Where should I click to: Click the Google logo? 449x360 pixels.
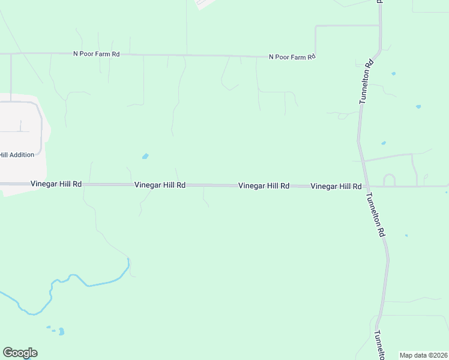[x=20, y=353]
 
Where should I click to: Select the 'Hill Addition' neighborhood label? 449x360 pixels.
[x=17, y=155]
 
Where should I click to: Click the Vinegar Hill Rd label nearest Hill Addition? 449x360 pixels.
[x=56, y=184]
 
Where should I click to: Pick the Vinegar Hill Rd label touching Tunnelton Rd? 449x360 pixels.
[x=336, y=187]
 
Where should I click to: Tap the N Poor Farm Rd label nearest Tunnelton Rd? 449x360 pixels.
[x=292, y=57]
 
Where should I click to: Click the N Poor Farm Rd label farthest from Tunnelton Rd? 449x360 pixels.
[x=96, y=54]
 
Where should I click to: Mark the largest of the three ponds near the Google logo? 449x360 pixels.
[x=61, y=331]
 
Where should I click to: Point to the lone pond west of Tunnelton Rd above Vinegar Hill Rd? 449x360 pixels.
[x=145, y=157]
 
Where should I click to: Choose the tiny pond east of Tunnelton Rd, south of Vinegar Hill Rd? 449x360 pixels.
[x=406, y=235]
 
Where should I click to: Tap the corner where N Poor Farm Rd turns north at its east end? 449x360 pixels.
[x=315, y=56]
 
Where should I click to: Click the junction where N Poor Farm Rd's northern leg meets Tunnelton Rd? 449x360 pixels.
[x=380, y=26]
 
